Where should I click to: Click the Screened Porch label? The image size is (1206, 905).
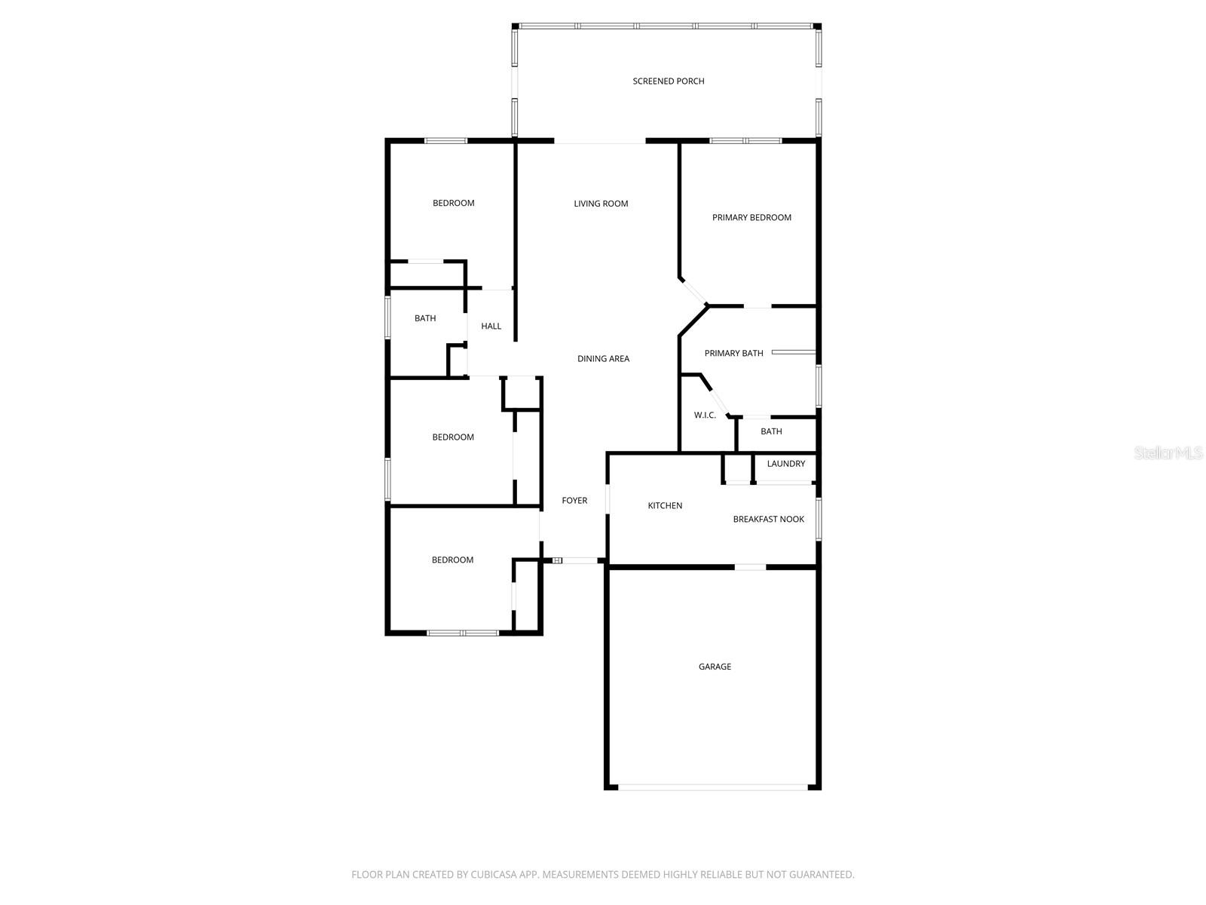tap(669, 81)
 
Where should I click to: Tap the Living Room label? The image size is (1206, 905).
tap(601, 204)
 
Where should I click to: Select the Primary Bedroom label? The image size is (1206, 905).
tap(751, 218)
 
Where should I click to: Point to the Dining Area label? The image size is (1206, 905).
tap(603, 359)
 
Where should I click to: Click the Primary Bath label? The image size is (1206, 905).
tap(733, 353)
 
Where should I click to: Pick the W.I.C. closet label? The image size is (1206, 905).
tap(705, 416)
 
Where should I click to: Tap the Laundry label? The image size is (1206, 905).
tap(785, 464)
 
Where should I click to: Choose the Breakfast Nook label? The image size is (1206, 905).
tap(768, 520)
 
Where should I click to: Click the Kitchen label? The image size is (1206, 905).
tap(665, 506)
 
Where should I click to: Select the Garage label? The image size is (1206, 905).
tap(715, 667)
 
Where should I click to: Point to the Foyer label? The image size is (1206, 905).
tap(574, 501)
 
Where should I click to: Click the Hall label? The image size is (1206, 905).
tap(491, 327)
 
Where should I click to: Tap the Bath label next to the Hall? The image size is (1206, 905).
tap(425, 318)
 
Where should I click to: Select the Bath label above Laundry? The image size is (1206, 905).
tap(771, 431)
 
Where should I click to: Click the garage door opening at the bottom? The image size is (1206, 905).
tap(712, 787)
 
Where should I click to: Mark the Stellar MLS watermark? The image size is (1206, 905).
tap(1168, 453)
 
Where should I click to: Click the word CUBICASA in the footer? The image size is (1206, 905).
tap(494, 875)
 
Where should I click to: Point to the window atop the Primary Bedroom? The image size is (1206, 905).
tap(745, 140)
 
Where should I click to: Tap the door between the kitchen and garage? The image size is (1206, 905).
tap(750, 566)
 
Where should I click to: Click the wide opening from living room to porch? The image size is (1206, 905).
tap(600, 141)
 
